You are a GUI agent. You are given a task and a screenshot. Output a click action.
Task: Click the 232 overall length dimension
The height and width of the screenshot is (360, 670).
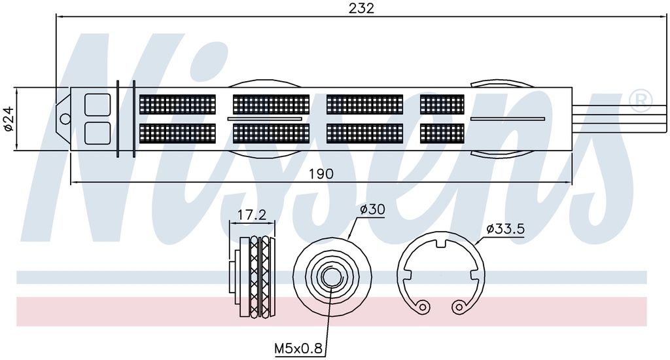click(x=361, y=8)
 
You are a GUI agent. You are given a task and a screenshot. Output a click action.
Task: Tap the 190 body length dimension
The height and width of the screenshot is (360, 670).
click(x=321, y=173)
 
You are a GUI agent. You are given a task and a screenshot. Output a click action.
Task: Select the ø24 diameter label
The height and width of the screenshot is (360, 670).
click(x=9, y=119)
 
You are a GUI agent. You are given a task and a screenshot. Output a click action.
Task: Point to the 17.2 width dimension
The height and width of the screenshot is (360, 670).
click(x=252, y=215)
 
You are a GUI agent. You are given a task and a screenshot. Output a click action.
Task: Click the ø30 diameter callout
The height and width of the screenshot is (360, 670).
click(x=372, y=209)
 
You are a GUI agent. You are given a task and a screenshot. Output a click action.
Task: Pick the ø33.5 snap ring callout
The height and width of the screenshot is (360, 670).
click(x=505, y=229)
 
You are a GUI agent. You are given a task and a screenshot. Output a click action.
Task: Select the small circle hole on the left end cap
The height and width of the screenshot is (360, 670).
click(x=65, y=118)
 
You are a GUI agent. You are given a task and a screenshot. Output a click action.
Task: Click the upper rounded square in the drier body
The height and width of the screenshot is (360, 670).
click(x=97, y=105)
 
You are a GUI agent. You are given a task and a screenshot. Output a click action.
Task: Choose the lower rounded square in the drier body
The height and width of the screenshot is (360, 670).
click(x=97, y=133)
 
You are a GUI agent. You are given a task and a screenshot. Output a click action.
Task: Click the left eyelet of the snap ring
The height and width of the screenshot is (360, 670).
click(x=423, y=306)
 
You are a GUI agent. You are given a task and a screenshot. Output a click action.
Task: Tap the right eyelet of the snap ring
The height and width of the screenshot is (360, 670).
click(x=459, y=306)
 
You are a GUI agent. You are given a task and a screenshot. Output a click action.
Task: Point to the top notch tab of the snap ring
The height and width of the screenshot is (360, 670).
click(x=441, y=243)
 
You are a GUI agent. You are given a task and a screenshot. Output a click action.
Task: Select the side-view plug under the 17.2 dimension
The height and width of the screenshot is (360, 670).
click(x=255, y=277)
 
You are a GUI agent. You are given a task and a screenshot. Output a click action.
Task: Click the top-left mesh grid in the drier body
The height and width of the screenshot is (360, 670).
click(x=178, y=104)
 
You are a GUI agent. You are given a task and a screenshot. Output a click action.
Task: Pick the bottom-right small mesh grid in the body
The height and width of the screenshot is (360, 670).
click(x=442, y=134)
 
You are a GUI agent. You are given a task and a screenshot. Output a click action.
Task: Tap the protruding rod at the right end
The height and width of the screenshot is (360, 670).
click(x=619, y=118)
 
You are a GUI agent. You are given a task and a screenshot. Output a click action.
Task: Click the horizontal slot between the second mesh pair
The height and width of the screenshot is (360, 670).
click(x=265, y=119)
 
